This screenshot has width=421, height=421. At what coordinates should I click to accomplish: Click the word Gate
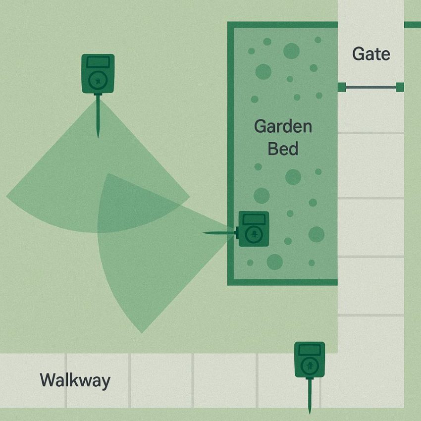pyautogui.click(x=371, y=53)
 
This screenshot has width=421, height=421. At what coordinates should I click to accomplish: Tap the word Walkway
pyautogui.click(x=75, y=381)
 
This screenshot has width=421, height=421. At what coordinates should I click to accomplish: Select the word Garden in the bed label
pyautogui.click(x=283, y=126)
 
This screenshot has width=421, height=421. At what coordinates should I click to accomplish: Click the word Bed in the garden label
pyautogui.click(x=283, y=148)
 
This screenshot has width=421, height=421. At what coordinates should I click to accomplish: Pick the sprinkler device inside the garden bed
pyautogui.click(x=254, y=229)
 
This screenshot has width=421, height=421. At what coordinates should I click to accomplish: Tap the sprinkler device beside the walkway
pyautogui.click(x=310, y=360)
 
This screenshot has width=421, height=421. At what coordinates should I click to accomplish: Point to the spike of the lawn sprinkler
pyautogui.click(x=98, y=116)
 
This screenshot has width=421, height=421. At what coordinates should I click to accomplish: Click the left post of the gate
pyautogui.click(x=341, y=88)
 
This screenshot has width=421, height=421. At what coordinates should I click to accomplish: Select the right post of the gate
pyautogui.click(x=400, y=88)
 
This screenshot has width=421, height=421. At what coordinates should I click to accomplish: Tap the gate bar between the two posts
pyautogui.click(x=370, y=88)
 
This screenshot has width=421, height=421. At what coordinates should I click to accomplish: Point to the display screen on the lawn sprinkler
pyautogui.click(x=98, y=62)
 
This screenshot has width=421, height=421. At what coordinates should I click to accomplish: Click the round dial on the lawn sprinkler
pyautogui.click(x=98, y=79)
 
